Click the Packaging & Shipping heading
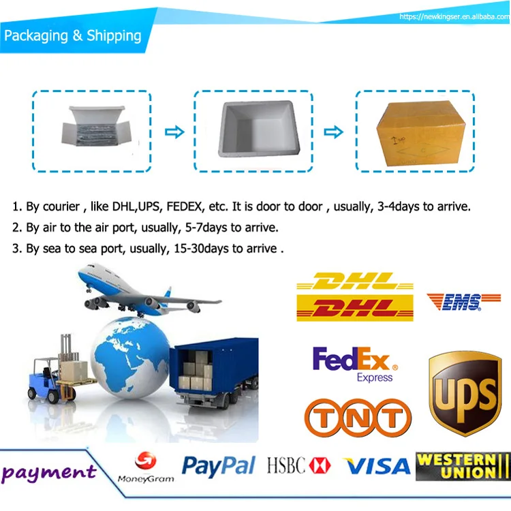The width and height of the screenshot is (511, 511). [73, 35]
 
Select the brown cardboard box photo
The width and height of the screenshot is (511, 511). [415, 131]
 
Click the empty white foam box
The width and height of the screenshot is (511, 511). [253, 132]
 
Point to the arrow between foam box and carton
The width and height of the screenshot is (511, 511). [333, 131]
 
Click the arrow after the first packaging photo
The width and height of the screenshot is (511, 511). [175, 131]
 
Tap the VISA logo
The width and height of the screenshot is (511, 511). [376, 467]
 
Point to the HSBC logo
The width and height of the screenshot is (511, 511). [298, 467]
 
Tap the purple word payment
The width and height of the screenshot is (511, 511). [48, 471]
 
